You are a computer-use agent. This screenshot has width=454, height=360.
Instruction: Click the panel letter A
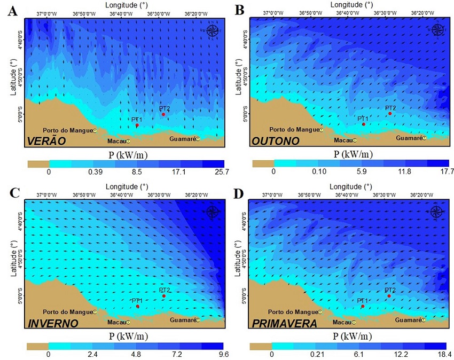click(12, 11)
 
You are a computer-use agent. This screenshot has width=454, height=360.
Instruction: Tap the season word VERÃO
click(46, 141)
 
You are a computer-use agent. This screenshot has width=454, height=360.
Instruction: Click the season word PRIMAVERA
click(284, 323)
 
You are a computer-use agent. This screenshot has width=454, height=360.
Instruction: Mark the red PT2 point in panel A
click(163, 114)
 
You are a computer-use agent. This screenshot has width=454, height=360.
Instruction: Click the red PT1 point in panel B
click(364, 124)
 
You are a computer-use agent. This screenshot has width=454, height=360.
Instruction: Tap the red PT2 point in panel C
click(163, 296)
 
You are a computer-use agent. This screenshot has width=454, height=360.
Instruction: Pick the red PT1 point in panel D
click(363, 306)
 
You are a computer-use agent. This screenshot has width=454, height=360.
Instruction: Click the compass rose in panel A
click(214, 30)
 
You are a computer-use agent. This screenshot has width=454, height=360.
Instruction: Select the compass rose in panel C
click(214, 212)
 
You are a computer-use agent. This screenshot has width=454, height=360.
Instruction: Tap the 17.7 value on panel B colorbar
click(447, 171)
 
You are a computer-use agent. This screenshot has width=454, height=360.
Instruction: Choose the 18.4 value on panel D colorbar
click(445, 354)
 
